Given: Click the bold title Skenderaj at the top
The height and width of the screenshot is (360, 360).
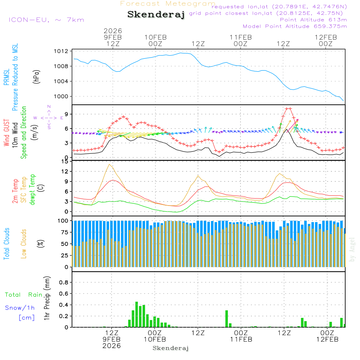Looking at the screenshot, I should [x=156, y=15].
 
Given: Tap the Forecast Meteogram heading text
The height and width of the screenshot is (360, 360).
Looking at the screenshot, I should [x=168, y=4].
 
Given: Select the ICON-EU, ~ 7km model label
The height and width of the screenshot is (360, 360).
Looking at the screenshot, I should [x=46, y=20].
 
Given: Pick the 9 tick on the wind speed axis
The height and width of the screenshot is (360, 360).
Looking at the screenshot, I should [x=66, y=114].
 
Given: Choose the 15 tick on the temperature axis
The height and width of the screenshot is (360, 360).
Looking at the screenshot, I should [x=65, y=161].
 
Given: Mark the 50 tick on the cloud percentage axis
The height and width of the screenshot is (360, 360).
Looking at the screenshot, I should [x=64, y=244].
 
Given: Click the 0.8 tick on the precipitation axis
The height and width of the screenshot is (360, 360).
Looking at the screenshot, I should [x=64, y=283].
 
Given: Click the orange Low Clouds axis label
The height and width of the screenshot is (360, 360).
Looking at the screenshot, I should [x=24, y=243].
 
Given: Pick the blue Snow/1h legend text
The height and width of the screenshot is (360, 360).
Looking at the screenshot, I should [x=20, y=308].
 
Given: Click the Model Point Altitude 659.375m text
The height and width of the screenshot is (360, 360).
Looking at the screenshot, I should [x=295, y=26].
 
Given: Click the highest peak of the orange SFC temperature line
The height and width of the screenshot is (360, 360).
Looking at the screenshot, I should [x=109, y=165].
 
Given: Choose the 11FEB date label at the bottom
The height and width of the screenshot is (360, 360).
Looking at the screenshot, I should [x=241, y=339].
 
